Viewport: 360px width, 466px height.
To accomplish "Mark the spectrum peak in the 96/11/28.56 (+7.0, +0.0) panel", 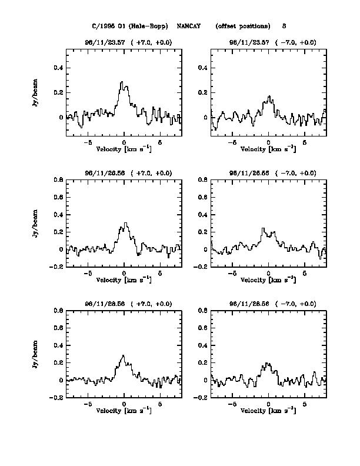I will [x=123, y=355].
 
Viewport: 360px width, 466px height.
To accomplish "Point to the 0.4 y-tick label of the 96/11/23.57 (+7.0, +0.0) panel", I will [x=58, y=68].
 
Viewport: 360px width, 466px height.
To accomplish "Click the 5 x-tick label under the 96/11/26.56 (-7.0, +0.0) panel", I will [x=305, y=273].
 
